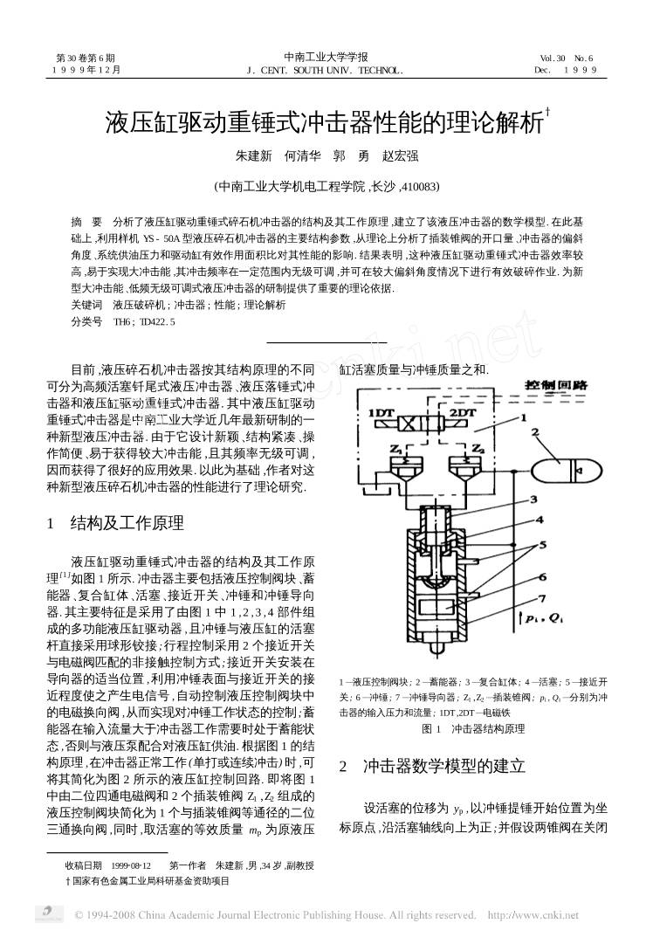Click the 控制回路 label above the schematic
(555, 385)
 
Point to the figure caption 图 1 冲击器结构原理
(473, 727)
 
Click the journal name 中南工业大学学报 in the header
(326, 58)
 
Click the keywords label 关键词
(87, 306)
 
